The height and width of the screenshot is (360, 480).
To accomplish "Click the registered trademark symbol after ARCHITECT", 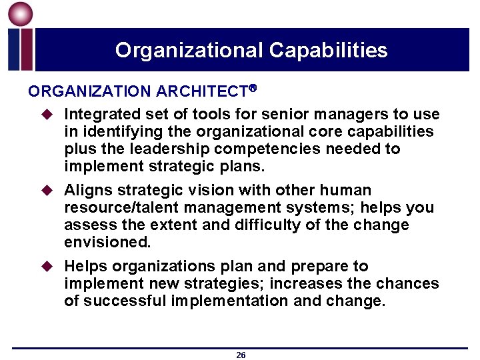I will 253,88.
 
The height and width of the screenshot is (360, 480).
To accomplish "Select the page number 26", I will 241,355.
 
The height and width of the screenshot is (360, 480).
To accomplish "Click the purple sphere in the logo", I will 21,15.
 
